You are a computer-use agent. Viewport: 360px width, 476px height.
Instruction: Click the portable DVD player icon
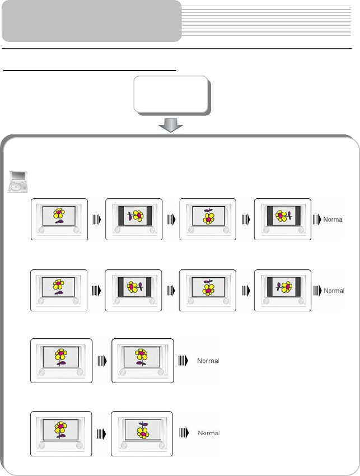pyautogui.click(x=18, y=182)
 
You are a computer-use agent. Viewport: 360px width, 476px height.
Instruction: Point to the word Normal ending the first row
pyautogui.click(x=334, y=219)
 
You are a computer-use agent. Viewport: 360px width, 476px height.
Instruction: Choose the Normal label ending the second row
pyautogui.click(x=334, y=291)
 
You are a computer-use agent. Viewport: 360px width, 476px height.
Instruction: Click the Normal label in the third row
pyautogui.click(x=208, y=361)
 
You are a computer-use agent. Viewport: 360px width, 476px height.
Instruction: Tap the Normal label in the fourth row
pyautogui.click(x=208, y=433)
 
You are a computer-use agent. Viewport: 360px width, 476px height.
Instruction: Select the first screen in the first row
pyautogui.click(x=59, y=219)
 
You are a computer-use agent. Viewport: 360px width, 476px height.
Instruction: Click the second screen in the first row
pyautogui.click(x=134, y=219)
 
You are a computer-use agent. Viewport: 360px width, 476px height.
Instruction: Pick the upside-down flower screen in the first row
pyautogui.click(x=208, y=219)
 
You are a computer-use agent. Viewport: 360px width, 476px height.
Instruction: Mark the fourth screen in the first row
pyautogui.click(x=282, y=219)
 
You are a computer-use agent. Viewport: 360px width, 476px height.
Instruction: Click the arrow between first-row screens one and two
pyautogui.click(x=96, y=219)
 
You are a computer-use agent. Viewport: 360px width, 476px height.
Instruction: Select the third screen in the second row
pyautogui.click(x=208, y=290)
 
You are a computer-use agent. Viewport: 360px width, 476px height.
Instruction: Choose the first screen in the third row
pyautogui.click(x=61, y=361)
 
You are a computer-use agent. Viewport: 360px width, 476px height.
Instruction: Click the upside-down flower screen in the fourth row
pyautogui.click(x=142, y=432)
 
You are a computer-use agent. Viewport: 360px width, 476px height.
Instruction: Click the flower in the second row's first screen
pyautogui.click(x=58, y=287)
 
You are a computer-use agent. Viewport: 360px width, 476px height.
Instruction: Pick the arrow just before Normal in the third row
pyautogui.click(x=183, y=361)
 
